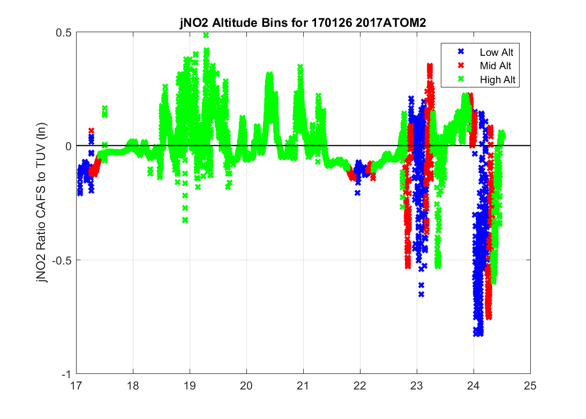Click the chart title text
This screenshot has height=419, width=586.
point(303,24)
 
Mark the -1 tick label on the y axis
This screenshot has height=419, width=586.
point(67,374)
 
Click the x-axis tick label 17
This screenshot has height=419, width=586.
point(77,385)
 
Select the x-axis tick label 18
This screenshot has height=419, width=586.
point(133,385)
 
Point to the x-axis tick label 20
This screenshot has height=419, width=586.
point(246,385)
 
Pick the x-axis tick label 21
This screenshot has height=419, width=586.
point(303,385)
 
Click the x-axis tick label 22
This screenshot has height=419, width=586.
point(360,385)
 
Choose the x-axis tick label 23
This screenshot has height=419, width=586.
point(417,385)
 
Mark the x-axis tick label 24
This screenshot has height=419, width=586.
point(474,385)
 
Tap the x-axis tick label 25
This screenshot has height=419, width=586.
point(530,385)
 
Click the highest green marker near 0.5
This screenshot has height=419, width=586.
point(206,35)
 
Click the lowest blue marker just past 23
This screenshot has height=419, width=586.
point(421,294)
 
